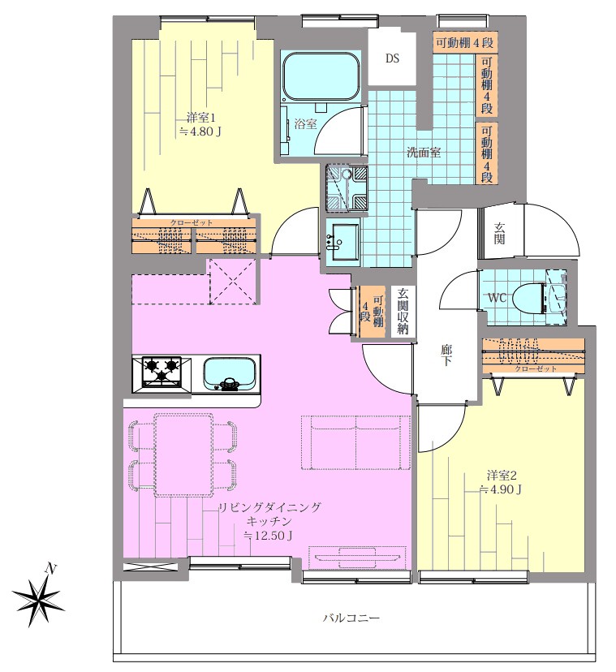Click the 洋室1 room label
tap(200, 117)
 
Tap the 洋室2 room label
tap(501, 476)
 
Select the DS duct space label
tap(392, 58)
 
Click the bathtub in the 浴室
tap(321, 76)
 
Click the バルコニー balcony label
tap(351, 618)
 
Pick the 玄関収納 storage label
tap(403, 311)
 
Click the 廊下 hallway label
tap(446, 355)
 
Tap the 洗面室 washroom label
tap(424, 152)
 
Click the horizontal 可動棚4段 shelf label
tap(465, 42)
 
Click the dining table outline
tap(183, 454)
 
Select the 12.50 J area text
tap(268, 536)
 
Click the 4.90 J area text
tap(501, 489)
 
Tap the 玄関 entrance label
tap(499, 234)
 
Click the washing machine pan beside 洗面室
tap(346, 187)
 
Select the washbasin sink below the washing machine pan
tap(342, 242)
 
